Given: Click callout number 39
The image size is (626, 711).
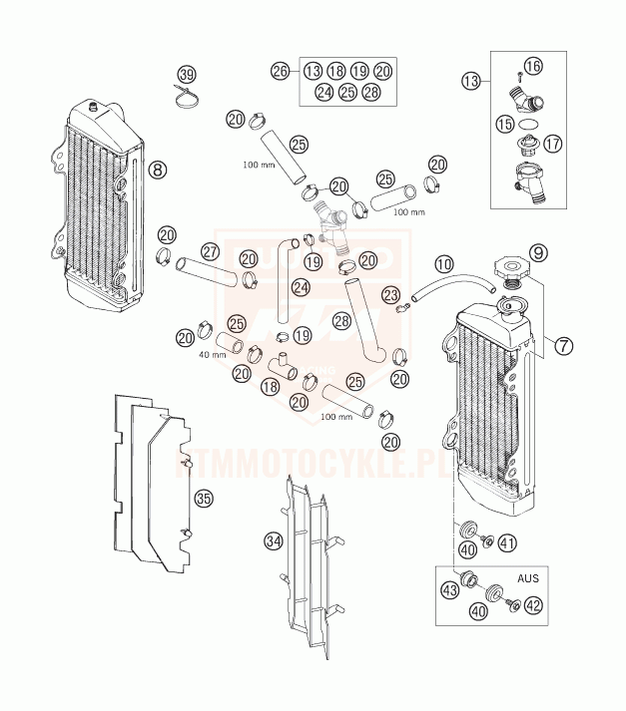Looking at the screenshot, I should click(x=187, y=75).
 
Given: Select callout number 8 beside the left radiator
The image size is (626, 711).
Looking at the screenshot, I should click(x=157, y=170).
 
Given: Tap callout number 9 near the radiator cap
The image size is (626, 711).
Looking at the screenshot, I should click(x=540, y=251).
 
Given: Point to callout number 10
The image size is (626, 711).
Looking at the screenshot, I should click(x=444, y=264).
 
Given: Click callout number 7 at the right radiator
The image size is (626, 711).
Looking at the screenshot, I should click(x=564, y=346).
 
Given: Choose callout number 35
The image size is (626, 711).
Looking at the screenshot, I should click(x=204, y=498).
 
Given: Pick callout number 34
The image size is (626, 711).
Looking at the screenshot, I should click(x=274, y=539).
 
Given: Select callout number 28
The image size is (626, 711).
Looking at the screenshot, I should click(x=341, y=321).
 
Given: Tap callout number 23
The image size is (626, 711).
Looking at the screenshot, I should click(x=390, y=294).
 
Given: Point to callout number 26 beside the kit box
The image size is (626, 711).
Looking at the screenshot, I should click(x=281, y=70).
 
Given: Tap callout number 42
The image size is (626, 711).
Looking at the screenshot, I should click(x=534, y=604).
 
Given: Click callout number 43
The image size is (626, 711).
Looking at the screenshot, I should click(x=450, y=592).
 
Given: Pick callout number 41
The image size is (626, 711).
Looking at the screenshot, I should click(x=508, y=543).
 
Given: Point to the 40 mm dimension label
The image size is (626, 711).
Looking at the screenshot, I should click(x=210, y=355).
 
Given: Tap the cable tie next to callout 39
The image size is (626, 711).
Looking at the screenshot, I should click(x=186, y=98).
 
